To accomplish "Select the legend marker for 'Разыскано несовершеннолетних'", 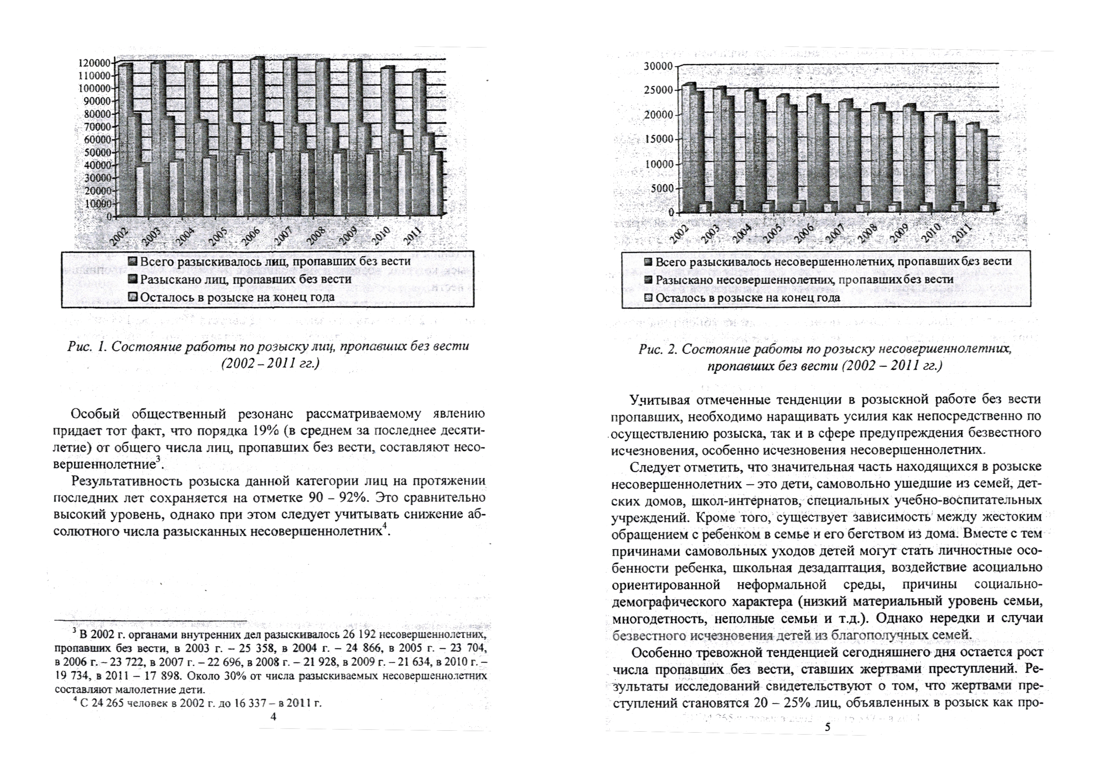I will [647, 280].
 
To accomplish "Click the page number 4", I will [273, 717].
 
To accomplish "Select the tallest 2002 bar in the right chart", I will [688, 147].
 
